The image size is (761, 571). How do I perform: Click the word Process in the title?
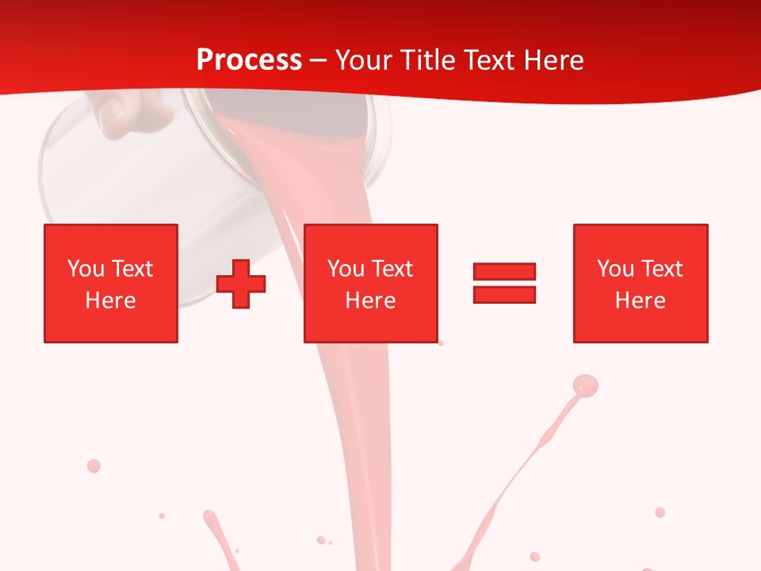(x=249, y=60)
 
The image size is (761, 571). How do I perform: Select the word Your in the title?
(x=364, y=60)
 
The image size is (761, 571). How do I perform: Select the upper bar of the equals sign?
(x=504, y=271)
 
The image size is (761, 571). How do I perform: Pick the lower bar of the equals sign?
(x=504, y=294)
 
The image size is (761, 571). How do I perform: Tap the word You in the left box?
(x=85, y=269)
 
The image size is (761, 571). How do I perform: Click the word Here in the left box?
(x=110, y=301)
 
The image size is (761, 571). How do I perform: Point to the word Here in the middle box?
(x=370, y=301)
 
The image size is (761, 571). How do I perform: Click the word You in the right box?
(x=614, y=269)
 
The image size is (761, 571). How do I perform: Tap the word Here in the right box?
(x=640, y=301)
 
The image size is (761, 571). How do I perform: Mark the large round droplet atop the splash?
(x=585, y=385)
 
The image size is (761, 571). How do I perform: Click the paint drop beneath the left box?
(x=94, y=466)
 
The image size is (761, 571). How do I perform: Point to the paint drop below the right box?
(x=660, y=512)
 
